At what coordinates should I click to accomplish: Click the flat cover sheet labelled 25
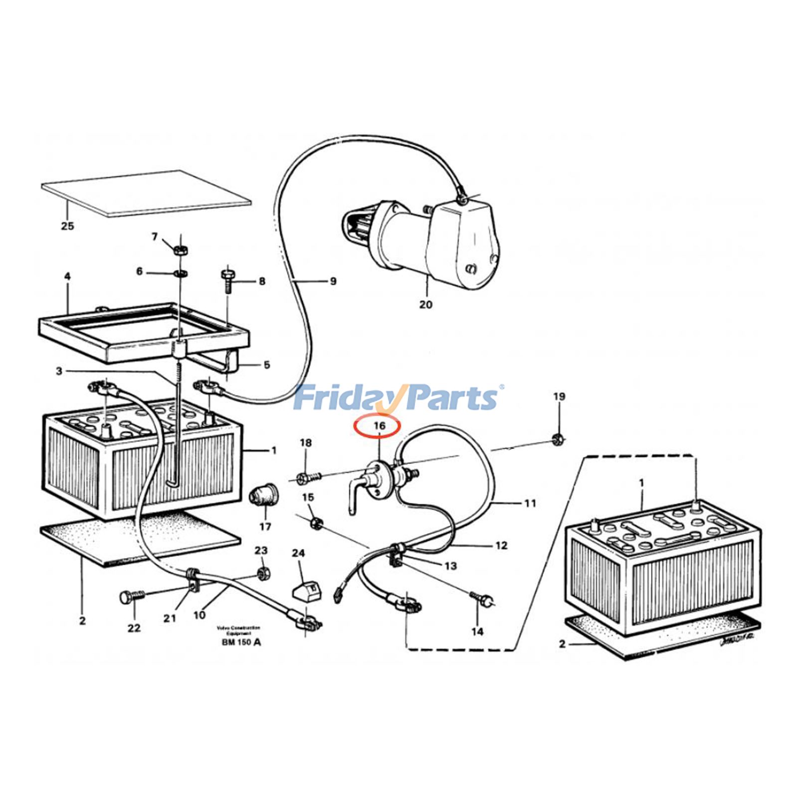(x=147, y=193)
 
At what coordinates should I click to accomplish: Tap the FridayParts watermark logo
(x=397, y=398)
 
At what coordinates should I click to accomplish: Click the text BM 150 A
(x=241, y=642)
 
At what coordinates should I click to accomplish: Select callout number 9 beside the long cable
(x=333, y=282)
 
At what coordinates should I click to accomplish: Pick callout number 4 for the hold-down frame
(x=67, y=276)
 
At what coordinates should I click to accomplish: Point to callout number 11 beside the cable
(x=529, y=503)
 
